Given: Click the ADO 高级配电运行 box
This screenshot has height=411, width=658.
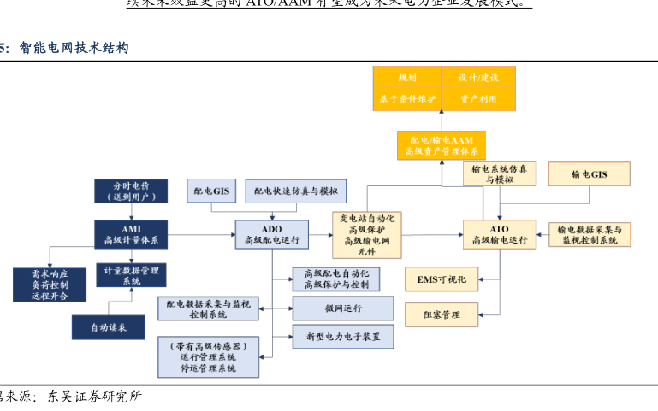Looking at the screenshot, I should [272, 235].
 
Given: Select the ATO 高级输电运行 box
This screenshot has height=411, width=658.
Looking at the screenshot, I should [500, 235].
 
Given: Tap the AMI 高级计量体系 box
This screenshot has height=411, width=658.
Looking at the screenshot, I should [131, 235].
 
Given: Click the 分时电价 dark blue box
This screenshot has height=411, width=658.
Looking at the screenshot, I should [131, 191].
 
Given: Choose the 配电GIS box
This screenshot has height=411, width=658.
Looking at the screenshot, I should [211, 191].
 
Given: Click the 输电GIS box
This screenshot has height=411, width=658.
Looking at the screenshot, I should [589, 174].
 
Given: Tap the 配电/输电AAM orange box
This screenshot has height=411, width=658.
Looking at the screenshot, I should [442, 145].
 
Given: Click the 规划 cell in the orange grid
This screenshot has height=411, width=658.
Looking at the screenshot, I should [407, 77].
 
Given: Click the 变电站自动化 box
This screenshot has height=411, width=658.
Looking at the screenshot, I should [367, 235].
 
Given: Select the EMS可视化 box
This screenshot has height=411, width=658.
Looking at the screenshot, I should [442, 279].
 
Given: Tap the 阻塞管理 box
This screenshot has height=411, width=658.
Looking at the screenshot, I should [442, 315].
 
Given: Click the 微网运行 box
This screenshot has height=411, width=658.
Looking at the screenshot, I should [343, 308].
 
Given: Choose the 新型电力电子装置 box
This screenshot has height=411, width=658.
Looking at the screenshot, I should [343, 336].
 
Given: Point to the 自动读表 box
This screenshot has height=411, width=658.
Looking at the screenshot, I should [108, 326].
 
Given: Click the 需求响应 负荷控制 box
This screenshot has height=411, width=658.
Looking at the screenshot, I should [49, 285].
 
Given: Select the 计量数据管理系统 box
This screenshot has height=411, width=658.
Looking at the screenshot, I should [131, 275].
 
